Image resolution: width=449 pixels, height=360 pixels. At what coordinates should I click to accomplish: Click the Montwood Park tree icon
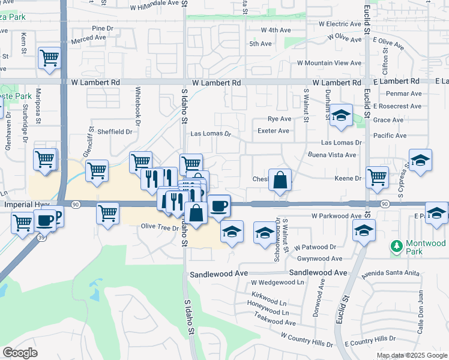pos(396,245)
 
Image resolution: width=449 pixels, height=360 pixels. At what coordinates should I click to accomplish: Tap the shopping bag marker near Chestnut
pos(280,180)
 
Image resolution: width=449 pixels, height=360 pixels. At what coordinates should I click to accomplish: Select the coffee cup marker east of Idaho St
pos(218,206)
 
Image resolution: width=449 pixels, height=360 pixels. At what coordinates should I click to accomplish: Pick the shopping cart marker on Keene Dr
pos(377,177)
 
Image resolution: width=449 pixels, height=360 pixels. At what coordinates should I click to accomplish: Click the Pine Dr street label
pos(103,28)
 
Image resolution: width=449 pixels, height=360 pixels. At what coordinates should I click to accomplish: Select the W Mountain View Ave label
pos(329,63)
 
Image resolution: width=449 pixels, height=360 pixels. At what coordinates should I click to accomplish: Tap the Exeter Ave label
pos(273,131)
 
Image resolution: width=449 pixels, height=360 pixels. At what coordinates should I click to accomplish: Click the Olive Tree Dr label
pos(159,228)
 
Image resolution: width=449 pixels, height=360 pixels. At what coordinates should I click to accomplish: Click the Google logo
pos(20,353)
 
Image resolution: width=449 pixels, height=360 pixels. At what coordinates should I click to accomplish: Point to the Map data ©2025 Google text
pos(411,355)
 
